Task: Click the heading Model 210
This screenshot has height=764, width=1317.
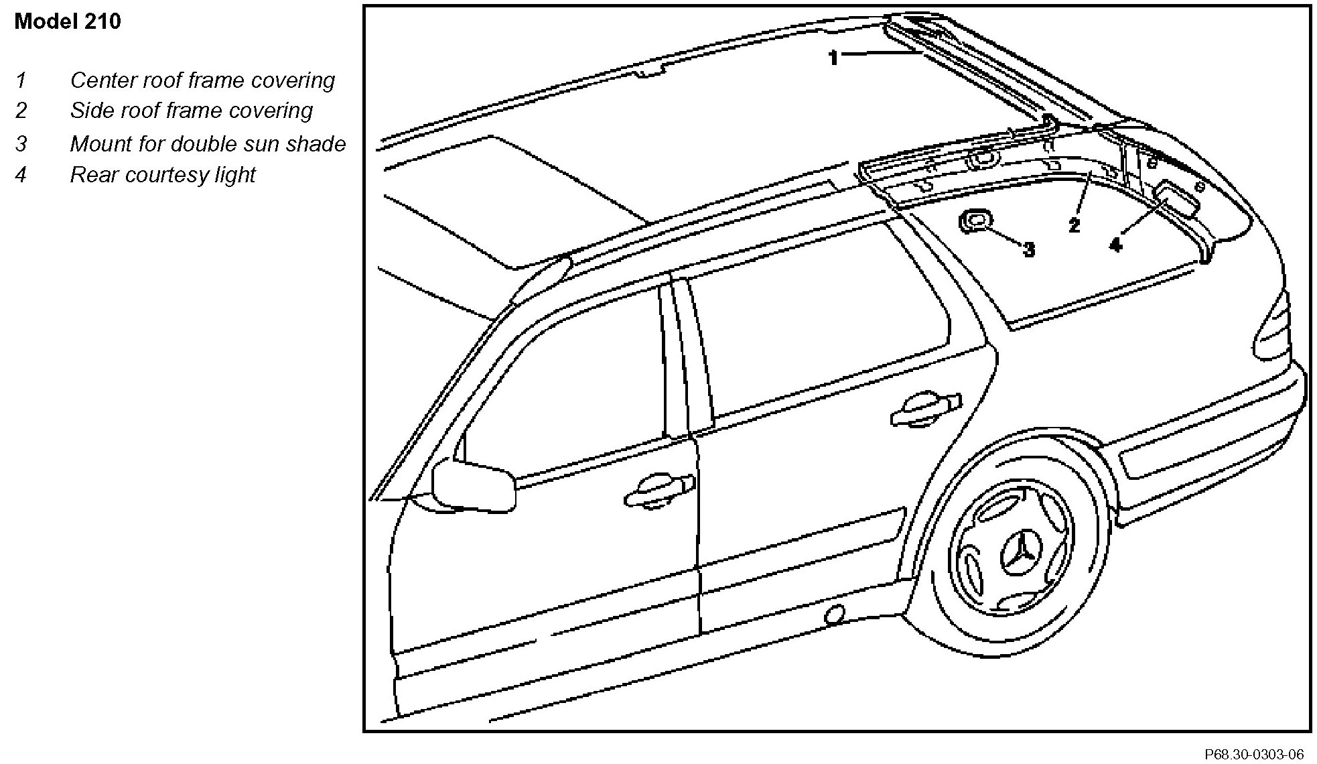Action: tap(68, 21)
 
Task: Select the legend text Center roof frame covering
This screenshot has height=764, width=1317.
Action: tap(202, 80)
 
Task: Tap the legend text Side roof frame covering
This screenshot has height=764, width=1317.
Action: tap(191, 111)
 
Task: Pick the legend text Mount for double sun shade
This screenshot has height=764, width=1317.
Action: tap(208, 144)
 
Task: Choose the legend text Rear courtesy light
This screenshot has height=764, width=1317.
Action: tap(163, 175)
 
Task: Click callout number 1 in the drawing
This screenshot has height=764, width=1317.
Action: tap(833, 58)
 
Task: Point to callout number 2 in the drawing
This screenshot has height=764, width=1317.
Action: tap(1075, 225)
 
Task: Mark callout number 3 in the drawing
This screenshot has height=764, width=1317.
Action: tap(1029, 250)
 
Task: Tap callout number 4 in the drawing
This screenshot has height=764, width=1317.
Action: tap(1115, 245)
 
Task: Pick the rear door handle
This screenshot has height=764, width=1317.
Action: tap(925, 409)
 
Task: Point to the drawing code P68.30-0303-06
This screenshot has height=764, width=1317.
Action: tap(1253, 755)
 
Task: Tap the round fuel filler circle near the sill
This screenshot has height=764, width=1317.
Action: tap(834, 615)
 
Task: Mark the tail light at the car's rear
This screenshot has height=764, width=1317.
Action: tap(1273, 328)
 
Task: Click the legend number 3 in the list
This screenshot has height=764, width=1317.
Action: tap(21, 144)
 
